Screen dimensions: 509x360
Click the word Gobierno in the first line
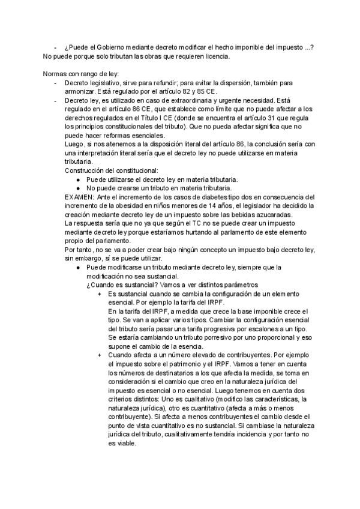[104, 47]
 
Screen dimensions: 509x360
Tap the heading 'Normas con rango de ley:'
[81, 73]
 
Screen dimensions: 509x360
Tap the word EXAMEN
[78, 196]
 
